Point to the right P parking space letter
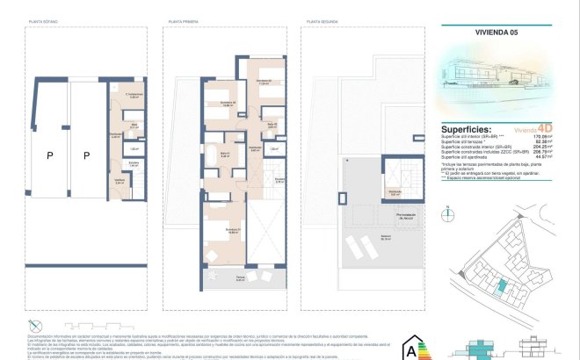[87, 155]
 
